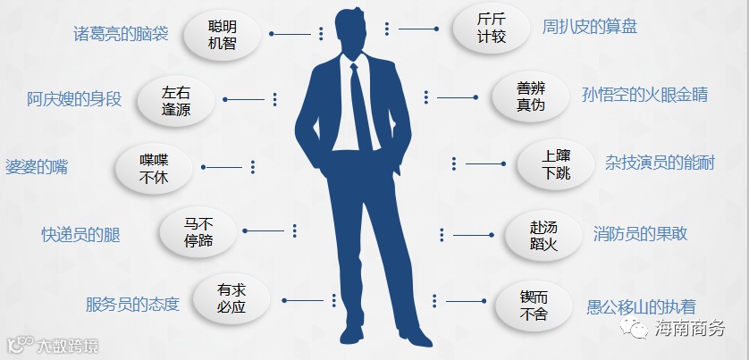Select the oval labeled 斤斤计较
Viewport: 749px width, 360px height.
click(491, 29)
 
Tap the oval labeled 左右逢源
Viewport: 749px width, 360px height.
click(176, 100)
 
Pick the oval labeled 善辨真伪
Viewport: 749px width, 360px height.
click(530, 96)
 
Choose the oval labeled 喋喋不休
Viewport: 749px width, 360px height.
click(155, 167)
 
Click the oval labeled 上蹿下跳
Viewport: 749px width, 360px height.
click(556, 164)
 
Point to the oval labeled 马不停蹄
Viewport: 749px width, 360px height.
click(198, 232)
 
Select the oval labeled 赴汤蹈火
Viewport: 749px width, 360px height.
click(543, 234)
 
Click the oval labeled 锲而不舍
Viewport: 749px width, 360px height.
click(534, 304)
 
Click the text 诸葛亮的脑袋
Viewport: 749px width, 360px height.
click(121, 34)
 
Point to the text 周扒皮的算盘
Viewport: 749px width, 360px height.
click(589, 27)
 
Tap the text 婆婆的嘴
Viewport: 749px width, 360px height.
click(37, 167)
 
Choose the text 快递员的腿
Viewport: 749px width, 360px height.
click(80, 234)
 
